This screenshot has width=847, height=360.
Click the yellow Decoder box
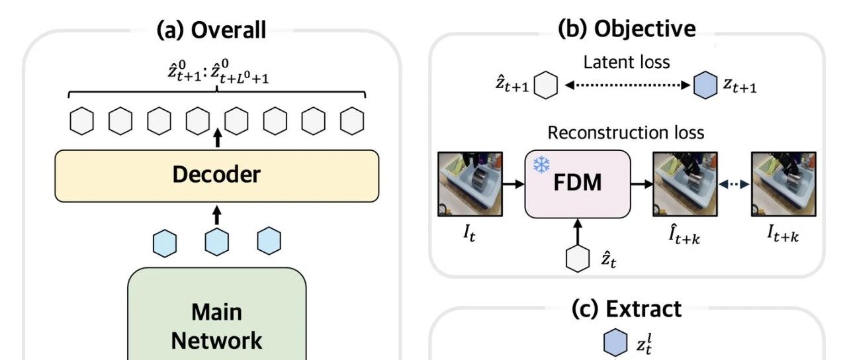coord(216,176)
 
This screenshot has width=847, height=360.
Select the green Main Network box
coord(216,314)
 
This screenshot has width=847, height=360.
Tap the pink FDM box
coord(578,184)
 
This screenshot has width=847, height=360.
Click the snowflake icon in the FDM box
coord(541,165)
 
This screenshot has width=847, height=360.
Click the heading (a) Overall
coord(211,30)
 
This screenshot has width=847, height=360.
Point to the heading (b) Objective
coord(627,28)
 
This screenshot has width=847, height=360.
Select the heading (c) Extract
coord(626,308)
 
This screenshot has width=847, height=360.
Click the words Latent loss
coord(627,62)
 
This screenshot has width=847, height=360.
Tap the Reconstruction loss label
coord(626,133)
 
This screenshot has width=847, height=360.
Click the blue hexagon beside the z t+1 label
coord(705,85)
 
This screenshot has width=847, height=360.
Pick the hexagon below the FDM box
coord(578,258)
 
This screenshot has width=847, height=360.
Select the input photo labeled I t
coord(470,184)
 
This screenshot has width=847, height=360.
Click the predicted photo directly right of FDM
coord(685,184)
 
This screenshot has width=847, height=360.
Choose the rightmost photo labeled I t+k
coord(783,184)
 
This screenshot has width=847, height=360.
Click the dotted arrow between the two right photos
coord(734,184)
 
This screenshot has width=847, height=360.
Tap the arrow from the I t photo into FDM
coord(513,184)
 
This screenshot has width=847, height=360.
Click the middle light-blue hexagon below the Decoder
coord(216,242)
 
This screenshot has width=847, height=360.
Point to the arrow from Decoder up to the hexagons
coord(218,138)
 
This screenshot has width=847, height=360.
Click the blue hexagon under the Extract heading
coord(615,342)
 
